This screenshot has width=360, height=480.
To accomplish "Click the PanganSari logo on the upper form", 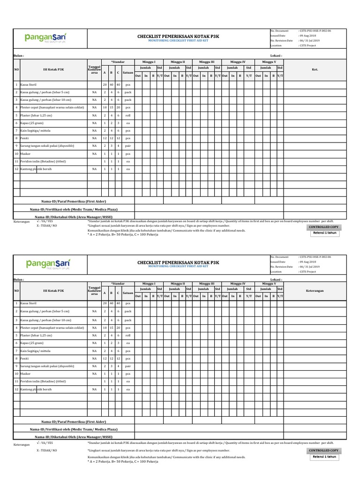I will [45, 37].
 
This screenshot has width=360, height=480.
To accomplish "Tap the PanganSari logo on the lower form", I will [45, 264].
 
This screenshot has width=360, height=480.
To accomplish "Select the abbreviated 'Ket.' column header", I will [315, 69].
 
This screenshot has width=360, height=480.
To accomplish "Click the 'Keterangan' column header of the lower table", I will [315, 291].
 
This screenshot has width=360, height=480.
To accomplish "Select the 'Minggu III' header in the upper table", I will [207, 61].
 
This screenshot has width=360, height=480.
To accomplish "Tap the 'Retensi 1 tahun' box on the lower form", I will [325, 457].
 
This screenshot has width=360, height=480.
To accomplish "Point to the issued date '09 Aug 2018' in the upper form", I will [309, 36].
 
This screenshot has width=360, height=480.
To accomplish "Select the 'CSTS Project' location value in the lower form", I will [310, 271].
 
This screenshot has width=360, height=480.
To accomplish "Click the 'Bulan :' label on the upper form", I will [19, 55].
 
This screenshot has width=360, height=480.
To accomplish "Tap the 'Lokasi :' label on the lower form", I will [276, 280].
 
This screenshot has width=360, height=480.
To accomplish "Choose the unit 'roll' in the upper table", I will [127, 115].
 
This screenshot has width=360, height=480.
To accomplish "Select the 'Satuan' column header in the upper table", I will [127, 73].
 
